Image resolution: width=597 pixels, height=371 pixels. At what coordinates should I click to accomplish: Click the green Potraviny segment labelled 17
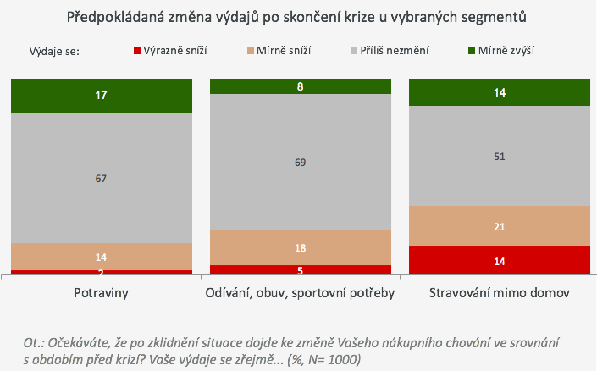[x=102, y=96]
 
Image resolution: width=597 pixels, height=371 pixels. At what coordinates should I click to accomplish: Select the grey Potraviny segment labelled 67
[x=102, y=178]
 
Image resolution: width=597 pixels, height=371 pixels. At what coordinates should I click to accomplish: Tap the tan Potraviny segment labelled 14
[x=102, y=257]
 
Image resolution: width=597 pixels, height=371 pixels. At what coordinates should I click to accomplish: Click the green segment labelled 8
[x=301, y=86]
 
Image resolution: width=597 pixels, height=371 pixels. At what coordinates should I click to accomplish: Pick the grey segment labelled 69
[x=301, y=162]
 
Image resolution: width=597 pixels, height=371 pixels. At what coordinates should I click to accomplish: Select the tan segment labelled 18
[x=301, y=247]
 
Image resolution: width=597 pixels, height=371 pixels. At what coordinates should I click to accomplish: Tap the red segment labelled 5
[x=301, y=270]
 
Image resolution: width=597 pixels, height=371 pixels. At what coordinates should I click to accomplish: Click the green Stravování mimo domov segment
[x=500, y=92]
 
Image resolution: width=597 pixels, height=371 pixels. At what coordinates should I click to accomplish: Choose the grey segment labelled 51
[x=500, y=156]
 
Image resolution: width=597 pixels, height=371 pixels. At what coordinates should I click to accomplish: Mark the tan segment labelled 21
[x=500, y=226]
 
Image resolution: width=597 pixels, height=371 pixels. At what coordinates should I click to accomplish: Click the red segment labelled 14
[x=500, y=261]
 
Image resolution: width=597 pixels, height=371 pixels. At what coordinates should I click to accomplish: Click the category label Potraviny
[x=102, y=293]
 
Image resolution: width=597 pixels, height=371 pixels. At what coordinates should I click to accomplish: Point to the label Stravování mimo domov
[x=500, y=293]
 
